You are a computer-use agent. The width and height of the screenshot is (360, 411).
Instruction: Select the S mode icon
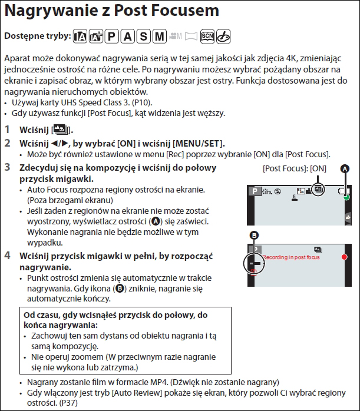143,36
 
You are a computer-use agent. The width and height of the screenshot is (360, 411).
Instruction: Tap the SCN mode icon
206,36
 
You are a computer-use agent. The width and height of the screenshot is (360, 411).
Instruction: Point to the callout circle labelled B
255,236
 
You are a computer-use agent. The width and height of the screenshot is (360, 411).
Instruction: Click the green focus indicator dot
346,197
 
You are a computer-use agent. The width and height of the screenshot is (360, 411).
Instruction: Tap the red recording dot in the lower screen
345,258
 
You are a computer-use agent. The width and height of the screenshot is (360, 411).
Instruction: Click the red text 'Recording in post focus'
291,258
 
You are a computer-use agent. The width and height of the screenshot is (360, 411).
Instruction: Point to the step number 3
7,168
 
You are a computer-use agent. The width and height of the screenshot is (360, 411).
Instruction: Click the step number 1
7,129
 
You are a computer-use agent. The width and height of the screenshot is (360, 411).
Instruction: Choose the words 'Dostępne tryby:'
37,37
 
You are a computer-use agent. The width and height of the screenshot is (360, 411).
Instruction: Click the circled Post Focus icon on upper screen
319,190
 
